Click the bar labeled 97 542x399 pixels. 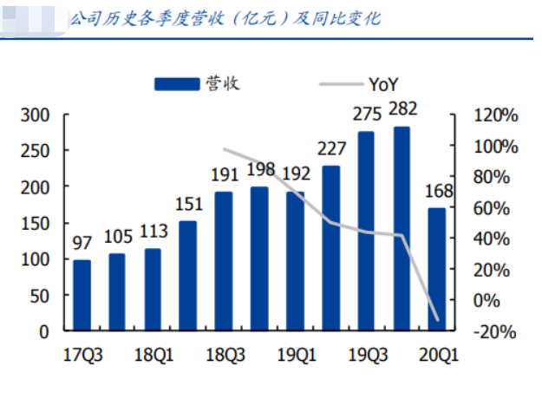(x=82, y=295)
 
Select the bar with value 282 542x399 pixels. (x=402, y=229)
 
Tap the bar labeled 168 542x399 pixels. (x=436, y=269)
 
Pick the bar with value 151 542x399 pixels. (x=188, y=276)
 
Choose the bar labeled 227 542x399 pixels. (x=330, y=248)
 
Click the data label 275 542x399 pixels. (x=366, y=114)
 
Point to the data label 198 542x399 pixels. (x=259, y=168)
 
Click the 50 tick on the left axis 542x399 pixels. (x=40, y=295)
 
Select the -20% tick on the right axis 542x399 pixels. (x=498, y=332)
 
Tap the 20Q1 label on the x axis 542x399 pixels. (x=437, y=353)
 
